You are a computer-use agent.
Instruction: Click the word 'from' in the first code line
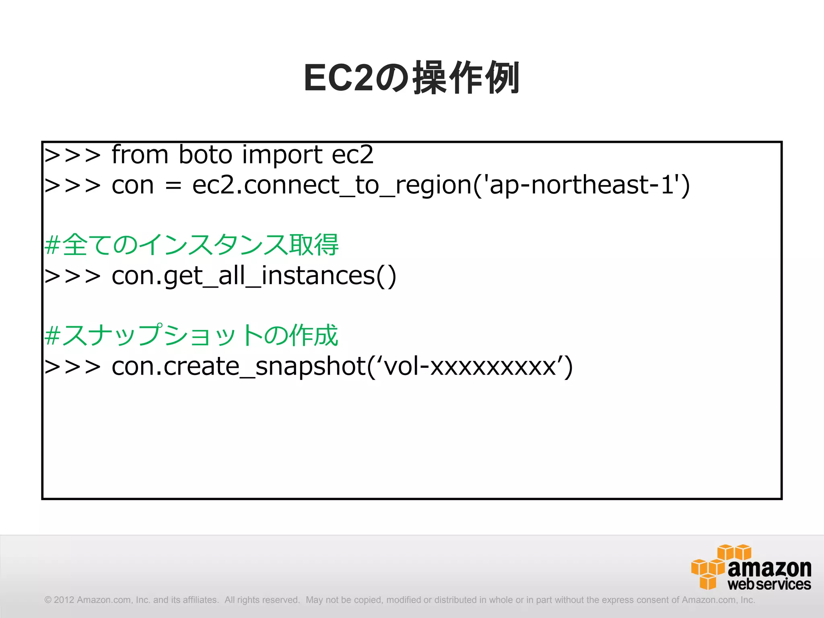tap(140, 154)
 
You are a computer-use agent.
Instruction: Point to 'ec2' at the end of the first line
tap(352, 154)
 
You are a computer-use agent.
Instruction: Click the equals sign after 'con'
tap(173, 186)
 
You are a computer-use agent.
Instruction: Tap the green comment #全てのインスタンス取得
tap(192, 245)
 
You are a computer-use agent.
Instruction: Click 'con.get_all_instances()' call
tap(253, 276)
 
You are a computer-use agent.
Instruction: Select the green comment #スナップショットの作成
tap(192, 335)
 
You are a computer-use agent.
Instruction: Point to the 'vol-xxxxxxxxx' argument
tap(471, 367)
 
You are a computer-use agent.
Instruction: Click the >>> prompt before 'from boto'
tap(72, 155)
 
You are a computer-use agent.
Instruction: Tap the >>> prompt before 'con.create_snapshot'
tap(72, 367)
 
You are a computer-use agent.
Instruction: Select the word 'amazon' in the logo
tap(769, 568)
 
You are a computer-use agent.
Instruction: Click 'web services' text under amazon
tap(769, 584)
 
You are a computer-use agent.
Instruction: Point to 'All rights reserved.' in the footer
tap(262, 600)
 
